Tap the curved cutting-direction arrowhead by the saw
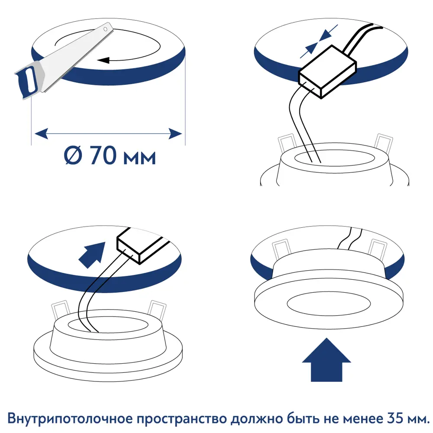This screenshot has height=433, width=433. (102, 61)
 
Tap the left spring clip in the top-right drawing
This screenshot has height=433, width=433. (286, 143)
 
